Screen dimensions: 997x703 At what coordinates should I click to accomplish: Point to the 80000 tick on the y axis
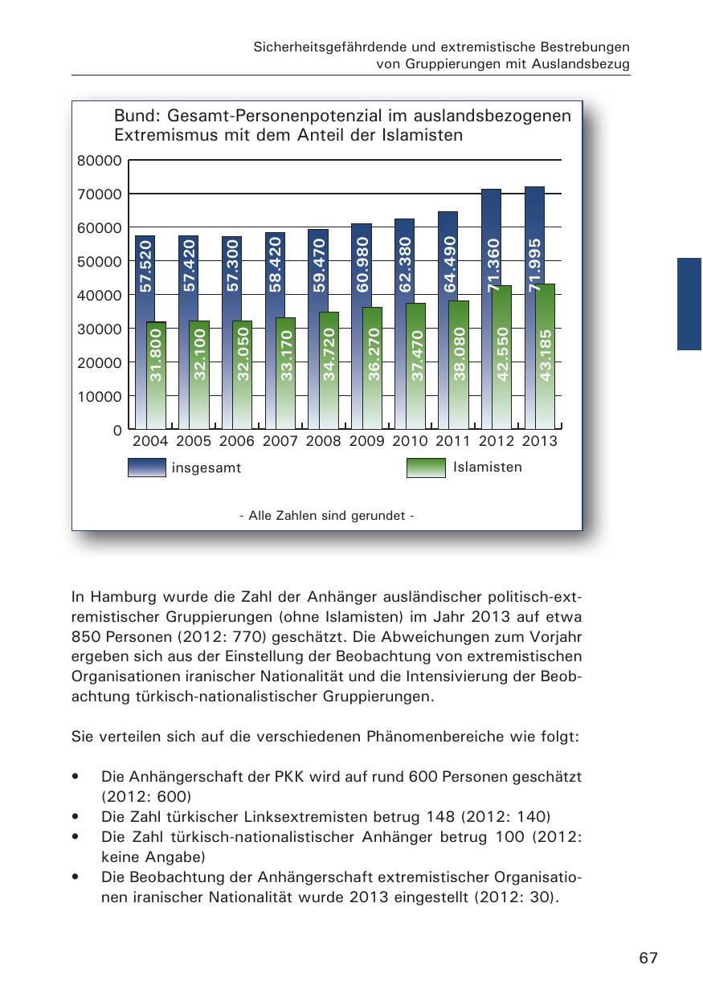(x=100, y=161)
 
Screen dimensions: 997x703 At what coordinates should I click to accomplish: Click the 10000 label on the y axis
(x=100, y=396)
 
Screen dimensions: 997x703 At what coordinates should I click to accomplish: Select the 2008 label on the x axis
(x=323, y=441)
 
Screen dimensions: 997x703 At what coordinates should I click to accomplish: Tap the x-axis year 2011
(x=452, y=441)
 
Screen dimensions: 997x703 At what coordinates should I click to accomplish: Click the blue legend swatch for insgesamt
(x=147, y=468)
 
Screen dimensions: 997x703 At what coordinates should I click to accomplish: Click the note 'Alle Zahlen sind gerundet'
(x=327, y=515)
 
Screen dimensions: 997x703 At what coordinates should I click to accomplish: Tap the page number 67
(x=648, y=958)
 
